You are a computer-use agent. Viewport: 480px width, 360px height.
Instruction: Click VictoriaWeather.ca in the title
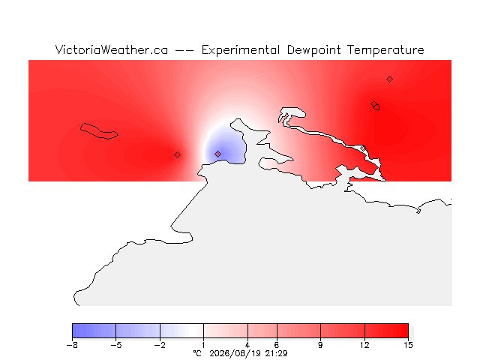click(112, 50)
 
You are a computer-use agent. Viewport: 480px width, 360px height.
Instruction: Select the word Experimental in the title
click(241, 50)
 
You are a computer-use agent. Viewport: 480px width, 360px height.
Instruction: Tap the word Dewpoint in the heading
click(313, 50)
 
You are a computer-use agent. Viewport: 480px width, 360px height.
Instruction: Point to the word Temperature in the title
click(385, 50)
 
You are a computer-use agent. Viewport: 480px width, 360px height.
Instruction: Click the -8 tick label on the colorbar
click(72, 345)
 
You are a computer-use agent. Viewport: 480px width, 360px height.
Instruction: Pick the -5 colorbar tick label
click(116, 345)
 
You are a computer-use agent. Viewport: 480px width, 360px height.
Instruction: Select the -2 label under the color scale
click(160, 345)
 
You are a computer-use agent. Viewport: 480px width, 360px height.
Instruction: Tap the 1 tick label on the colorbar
click(203, 345)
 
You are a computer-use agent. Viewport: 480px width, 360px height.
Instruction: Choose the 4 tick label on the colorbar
click(247, 345)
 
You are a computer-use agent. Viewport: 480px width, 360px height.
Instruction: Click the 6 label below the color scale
click(277, 345)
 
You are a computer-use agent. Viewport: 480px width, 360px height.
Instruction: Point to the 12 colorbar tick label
click(364, 345)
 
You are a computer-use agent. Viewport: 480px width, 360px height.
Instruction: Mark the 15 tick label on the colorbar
click(408, 345)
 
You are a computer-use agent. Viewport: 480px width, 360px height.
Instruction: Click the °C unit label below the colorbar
click(197, 353)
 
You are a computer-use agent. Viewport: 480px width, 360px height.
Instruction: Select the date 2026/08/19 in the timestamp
click(235, 353)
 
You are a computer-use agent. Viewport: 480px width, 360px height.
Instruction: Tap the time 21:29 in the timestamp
click(276, 353)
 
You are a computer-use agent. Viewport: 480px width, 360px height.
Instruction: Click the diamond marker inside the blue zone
click(217, 154)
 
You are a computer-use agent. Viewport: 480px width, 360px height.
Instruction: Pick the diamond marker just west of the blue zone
click(177, 155)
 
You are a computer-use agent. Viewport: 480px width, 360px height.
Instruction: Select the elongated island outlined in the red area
click(99, 131)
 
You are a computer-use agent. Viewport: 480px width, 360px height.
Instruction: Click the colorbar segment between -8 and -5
click(94, 331)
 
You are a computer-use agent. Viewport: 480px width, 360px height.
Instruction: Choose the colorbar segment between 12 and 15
click(386, 331)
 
